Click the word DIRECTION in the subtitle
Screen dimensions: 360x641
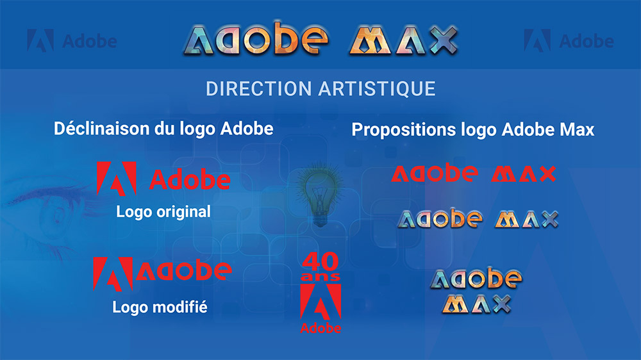(255, 88)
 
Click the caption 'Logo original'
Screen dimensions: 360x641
(163, 212)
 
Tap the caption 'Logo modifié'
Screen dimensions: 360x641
(160, 307)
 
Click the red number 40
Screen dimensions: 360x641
(320, 263)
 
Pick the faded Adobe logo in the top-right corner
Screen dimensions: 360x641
(569, 42)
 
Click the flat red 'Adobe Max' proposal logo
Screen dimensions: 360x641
(474, 174)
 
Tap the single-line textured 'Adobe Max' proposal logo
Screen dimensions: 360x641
(477, 219)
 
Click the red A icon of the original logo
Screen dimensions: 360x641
(116, 178)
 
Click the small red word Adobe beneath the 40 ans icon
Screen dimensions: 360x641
(320, 329)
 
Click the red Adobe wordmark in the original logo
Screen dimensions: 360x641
(190, 179)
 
